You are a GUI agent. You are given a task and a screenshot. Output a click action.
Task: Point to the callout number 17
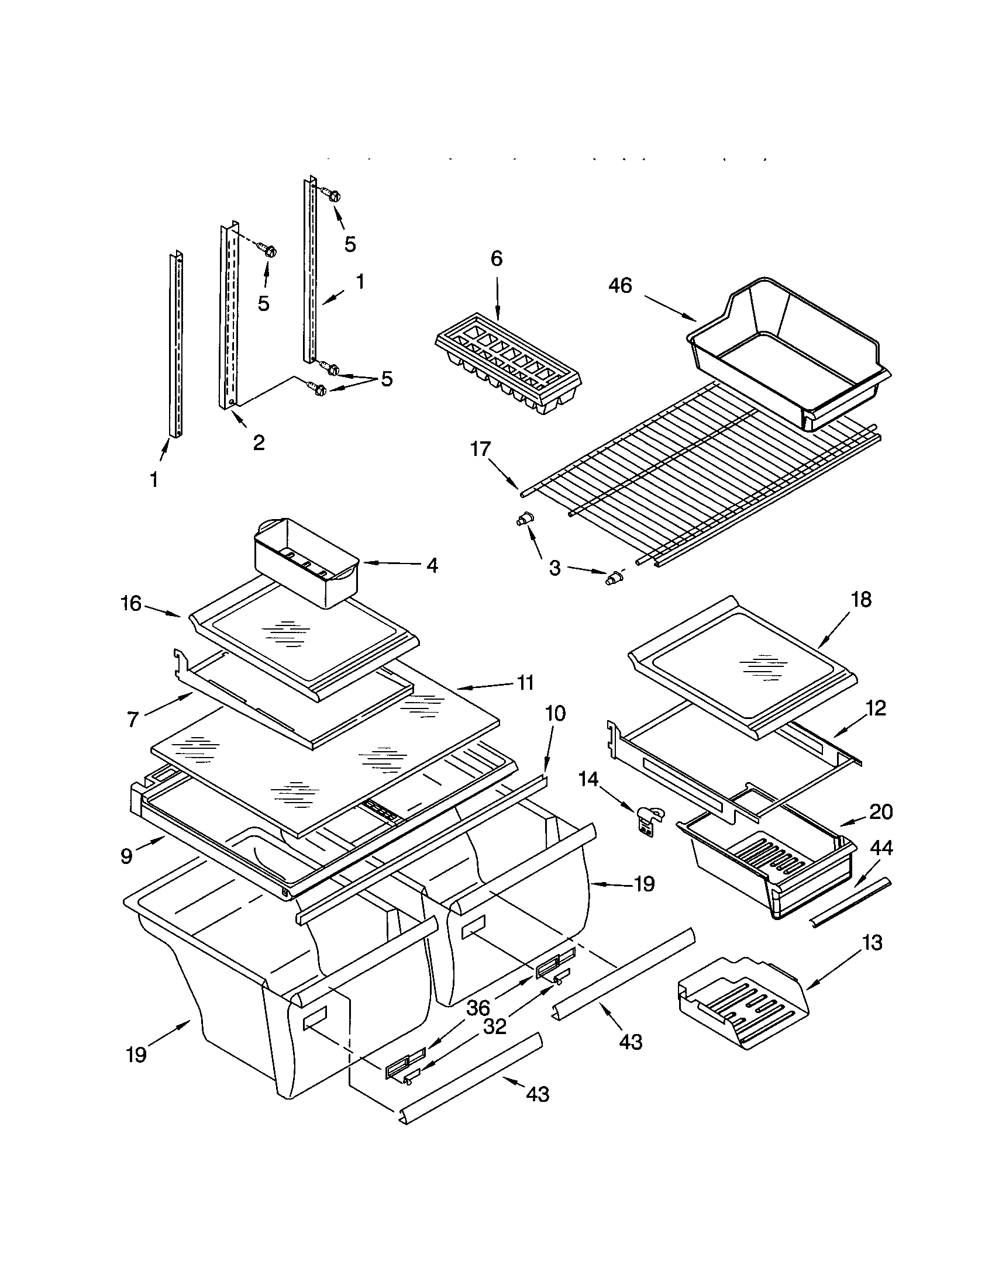(x=480, y=449)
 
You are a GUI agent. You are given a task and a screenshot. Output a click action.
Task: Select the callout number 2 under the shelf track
(x=259, y=443)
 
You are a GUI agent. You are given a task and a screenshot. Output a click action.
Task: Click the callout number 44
(x=882, y=848)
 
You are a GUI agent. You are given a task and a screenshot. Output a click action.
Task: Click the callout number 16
(x=132, y=604)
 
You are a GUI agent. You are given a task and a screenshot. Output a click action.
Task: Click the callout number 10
(x=555, y=714)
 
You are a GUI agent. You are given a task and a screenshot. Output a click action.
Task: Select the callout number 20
(x=881, y=812)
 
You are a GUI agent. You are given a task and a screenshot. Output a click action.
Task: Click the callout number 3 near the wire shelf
(x=554, y=568)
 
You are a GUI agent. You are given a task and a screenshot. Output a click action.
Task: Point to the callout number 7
(x=133, y=719)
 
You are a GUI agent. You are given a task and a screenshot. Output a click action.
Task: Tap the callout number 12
(x=876, y=708)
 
